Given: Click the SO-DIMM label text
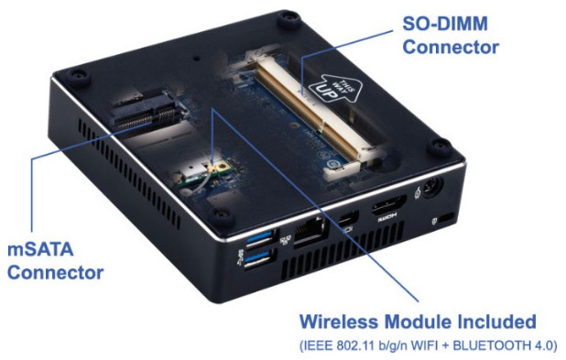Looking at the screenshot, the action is (x=445, y=24).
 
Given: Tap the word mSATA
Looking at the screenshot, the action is (x=40, y=249).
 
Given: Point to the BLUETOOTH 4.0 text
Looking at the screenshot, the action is (x=505, y=345).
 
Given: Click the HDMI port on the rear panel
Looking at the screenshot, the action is (x=388, y=205).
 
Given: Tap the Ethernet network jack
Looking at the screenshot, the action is (x=310, y=232).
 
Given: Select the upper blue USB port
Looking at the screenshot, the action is (x=261, y=238).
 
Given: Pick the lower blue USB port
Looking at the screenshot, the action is (x=259, y=260).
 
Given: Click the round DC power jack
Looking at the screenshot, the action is (x=432, y=187).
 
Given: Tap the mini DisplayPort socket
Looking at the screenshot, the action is (x=348, y=219).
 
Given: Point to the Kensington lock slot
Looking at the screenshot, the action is (x=447, y=217).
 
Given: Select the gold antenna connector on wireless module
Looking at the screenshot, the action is (x=215, y=168).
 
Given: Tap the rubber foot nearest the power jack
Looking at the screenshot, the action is (x=440, y=147).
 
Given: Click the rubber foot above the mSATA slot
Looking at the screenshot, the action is (x=79, y=77).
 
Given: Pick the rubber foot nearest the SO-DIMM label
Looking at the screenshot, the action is (x=288, y=20).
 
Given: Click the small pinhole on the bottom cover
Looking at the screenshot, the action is (x=196, y=58).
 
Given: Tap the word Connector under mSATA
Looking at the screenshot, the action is (x=55, y=272).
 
